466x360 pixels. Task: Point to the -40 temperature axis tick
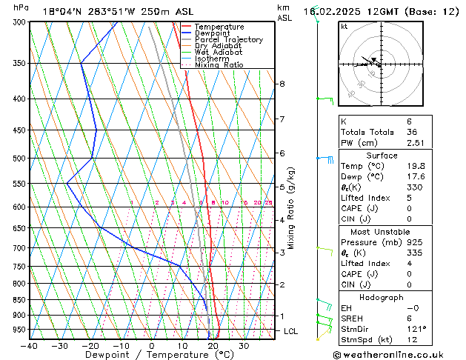(29, 346)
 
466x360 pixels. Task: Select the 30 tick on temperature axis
(244, 346)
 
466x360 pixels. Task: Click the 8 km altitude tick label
(282, 84)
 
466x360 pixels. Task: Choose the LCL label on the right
(290, 331)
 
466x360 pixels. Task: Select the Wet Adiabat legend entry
(214, 53)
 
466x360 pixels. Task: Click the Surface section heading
(382, 156)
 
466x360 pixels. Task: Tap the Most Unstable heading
(382, 231)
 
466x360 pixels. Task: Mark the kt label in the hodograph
(344, 27)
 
